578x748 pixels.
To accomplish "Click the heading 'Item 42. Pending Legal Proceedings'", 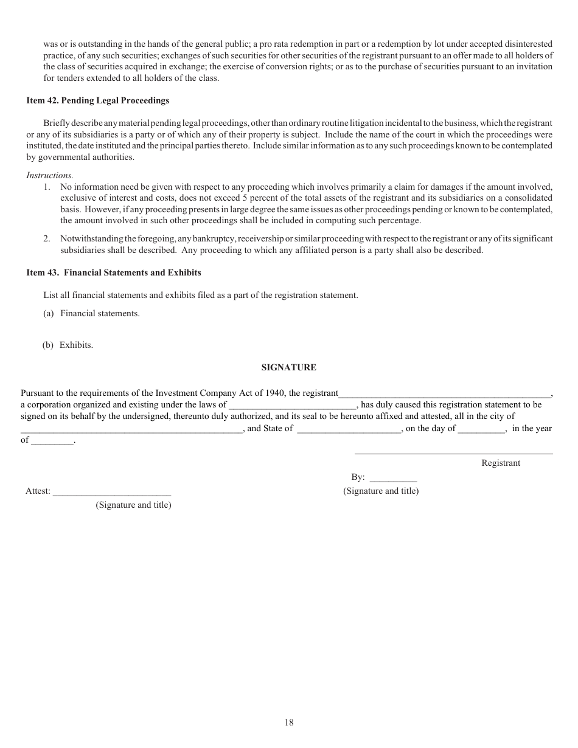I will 98,100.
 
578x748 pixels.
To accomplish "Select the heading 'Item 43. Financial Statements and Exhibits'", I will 114,272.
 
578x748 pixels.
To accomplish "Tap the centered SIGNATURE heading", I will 289,367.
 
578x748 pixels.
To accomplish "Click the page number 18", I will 289,722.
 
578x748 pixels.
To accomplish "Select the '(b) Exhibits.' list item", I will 68,345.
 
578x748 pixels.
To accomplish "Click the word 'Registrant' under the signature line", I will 501,463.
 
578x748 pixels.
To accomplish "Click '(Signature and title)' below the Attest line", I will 133,505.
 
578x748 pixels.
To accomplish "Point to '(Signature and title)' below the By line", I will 381,491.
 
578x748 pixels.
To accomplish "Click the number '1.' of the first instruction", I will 47,187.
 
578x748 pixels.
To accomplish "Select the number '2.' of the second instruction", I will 47,238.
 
